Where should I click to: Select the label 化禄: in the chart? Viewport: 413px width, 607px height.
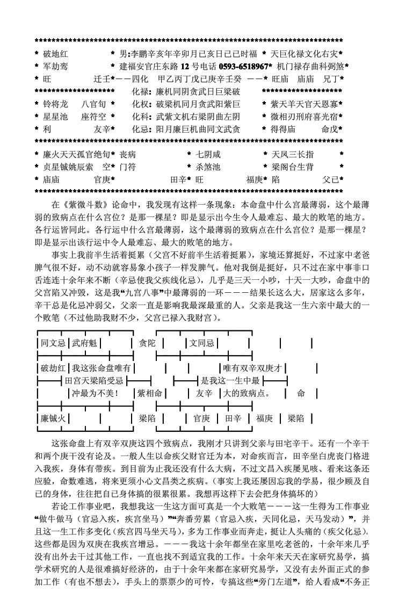click(x=142, y=91)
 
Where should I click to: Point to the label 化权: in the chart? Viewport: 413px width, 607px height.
click(x=142, y=104)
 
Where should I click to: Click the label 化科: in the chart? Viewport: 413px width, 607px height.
click(x=142, y=116)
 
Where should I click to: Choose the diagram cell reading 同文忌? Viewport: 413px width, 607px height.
click(x=53, y=343)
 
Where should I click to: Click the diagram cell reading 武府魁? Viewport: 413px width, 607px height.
click(x=84, y=343)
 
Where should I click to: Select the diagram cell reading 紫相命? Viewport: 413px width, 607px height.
click(x=150, y=393)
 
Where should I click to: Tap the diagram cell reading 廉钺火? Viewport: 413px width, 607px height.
click(x=53, y=418)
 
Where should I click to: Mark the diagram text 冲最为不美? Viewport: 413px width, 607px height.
click(x=95, y=393)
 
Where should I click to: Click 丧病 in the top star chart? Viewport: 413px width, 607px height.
click(x=128, y=154)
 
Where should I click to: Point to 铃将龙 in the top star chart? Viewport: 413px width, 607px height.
click(x=55, y=104)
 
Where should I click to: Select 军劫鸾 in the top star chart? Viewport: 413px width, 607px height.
click(x=55, y=67)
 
